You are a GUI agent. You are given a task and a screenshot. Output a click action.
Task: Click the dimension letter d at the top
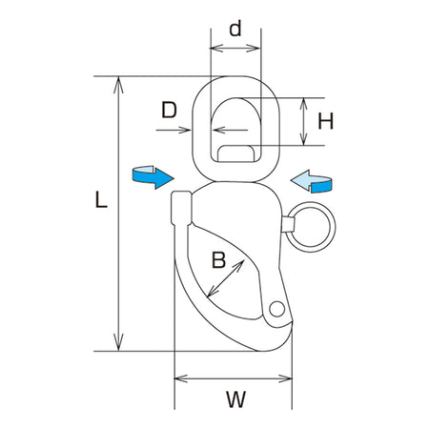coord(235,29)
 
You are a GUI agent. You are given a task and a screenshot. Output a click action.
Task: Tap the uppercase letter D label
coord(169,110)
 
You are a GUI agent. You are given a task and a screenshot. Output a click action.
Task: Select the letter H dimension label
coord(326,121)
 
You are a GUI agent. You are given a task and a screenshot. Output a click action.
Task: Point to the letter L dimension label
coord(101,199)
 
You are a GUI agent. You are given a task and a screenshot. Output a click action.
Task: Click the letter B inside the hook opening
coord(218,259)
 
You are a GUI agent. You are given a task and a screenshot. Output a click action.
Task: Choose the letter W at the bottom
coord(236,399)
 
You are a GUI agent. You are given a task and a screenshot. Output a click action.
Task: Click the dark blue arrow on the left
coord(153,177)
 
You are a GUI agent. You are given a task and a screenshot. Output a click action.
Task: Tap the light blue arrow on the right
coord(312,181)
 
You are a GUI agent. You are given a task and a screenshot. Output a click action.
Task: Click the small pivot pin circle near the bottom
coord(276,309)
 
